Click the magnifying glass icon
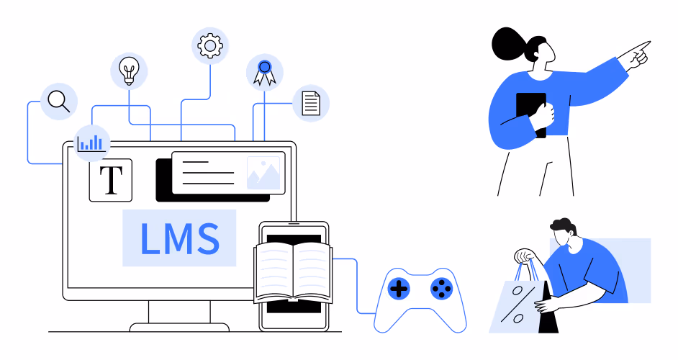coord(58,102)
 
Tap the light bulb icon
coord(129,71)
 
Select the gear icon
coord(210,45)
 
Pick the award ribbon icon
coord(265,72)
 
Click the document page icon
coord(311,104)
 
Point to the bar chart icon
coord(91,143)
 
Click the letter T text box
coord(111,180)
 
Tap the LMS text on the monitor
coord(180,238)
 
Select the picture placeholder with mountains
coord(263,173)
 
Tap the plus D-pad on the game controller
coord(399,289)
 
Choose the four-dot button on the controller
coord(441,288)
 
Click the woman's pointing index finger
coord(639,46)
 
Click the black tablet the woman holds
coord(531,114)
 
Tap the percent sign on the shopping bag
coord(518,305)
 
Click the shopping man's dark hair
coord(563,225)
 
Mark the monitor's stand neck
coord(179,312)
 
